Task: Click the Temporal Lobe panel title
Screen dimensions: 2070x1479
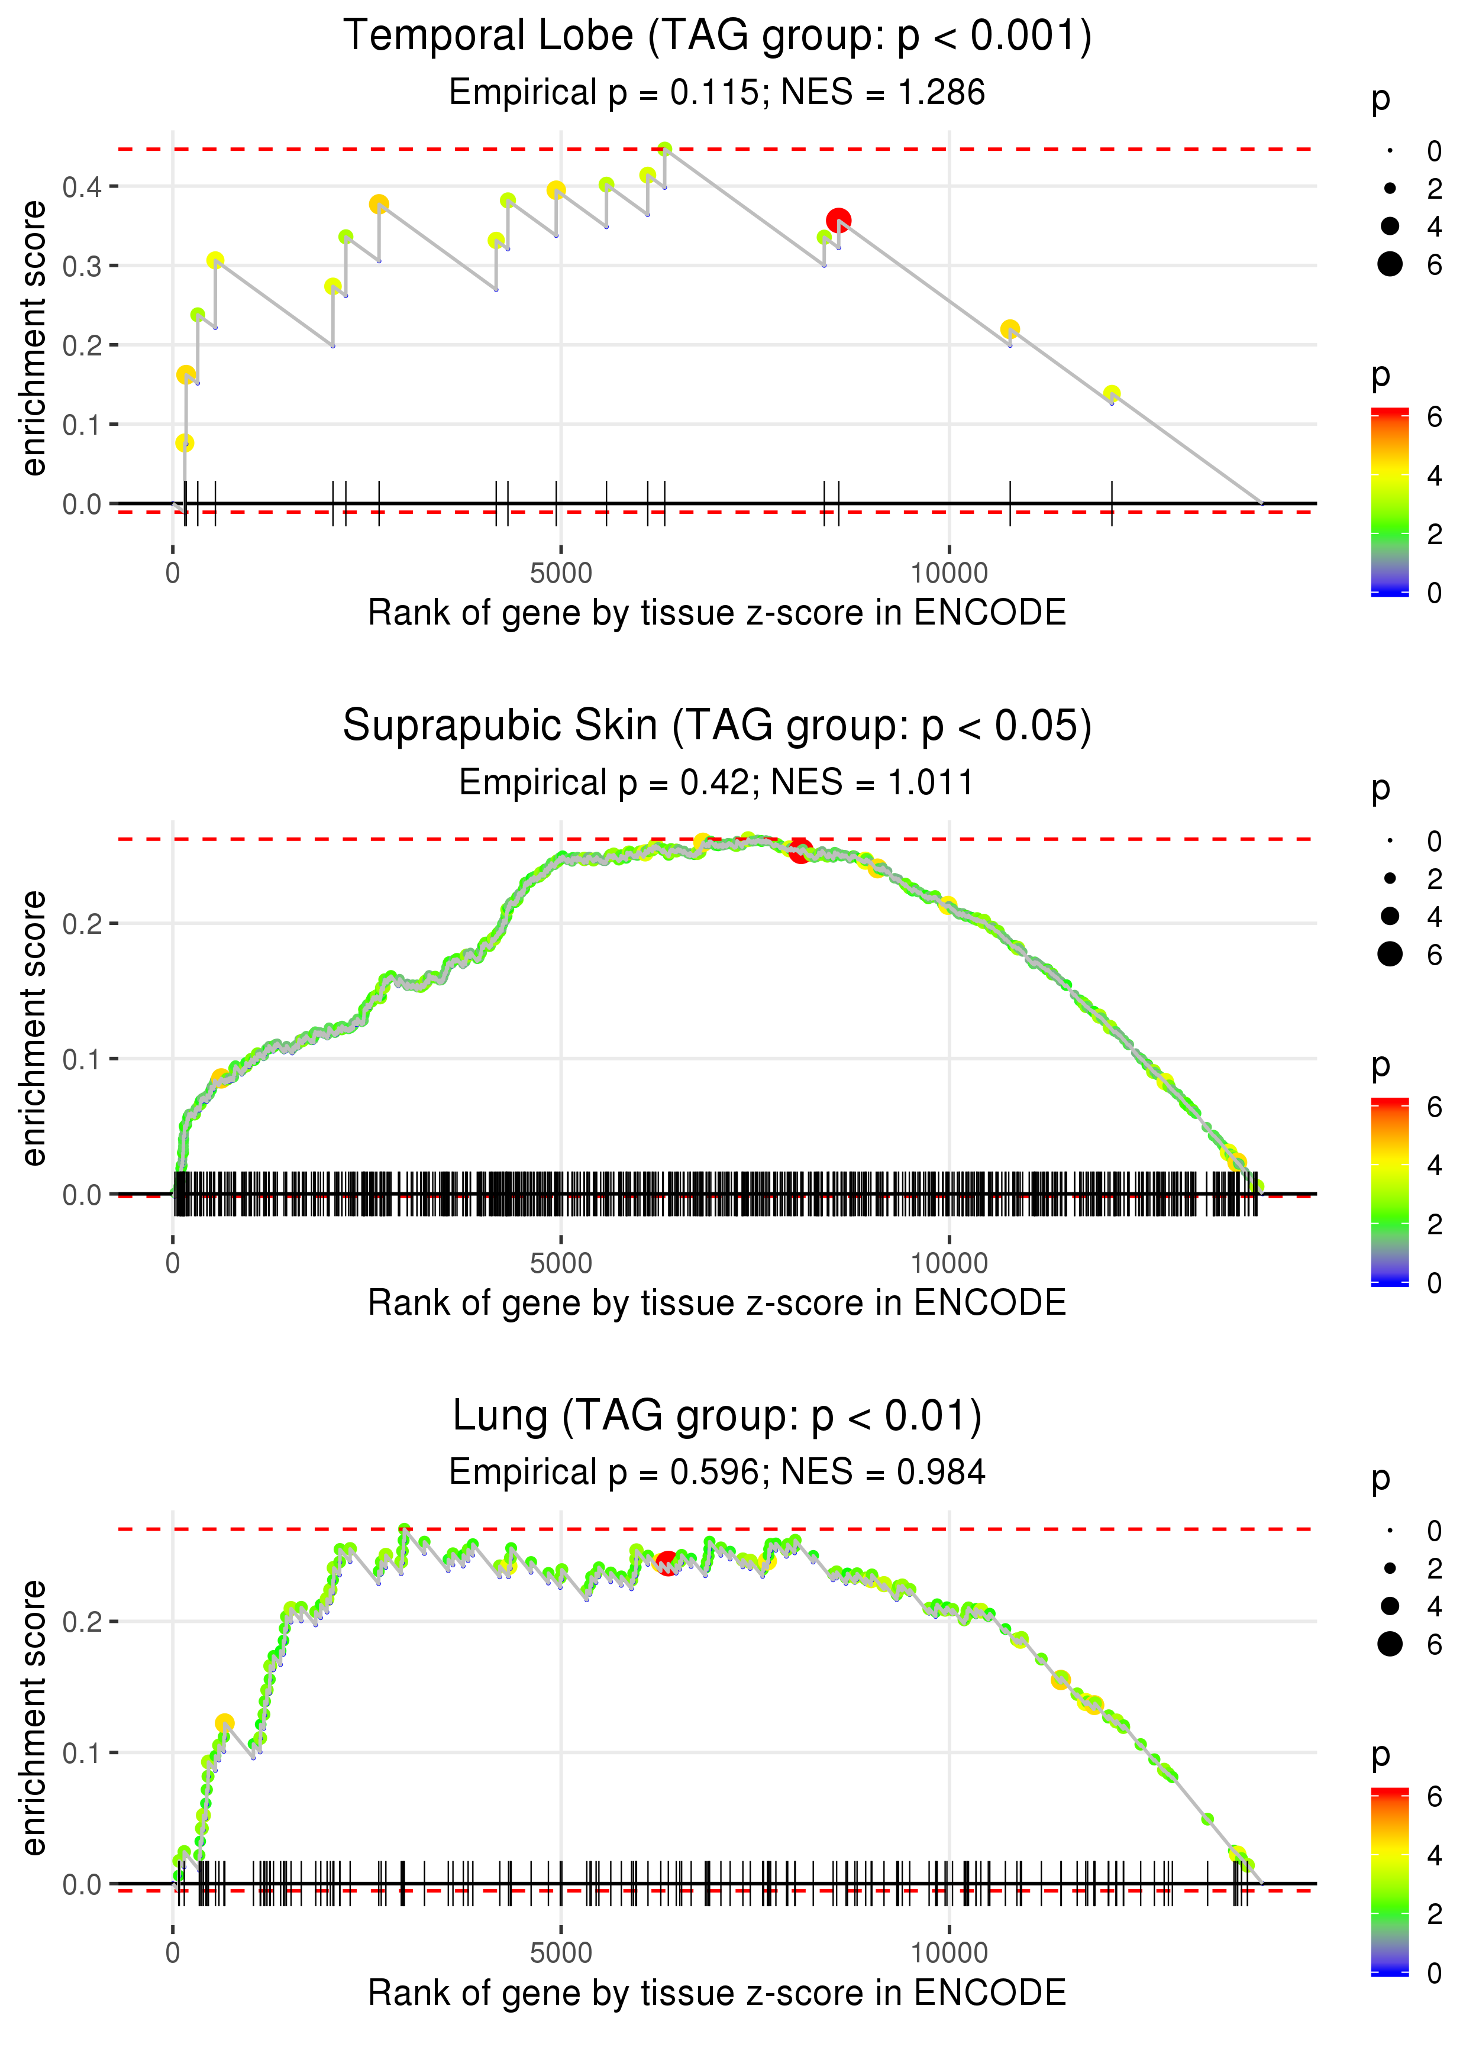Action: [x=717, y=37]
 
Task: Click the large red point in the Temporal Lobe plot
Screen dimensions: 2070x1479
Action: [x=838, y=220]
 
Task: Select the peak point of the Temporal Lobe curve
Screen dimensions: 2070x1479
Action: [x=665, y=149]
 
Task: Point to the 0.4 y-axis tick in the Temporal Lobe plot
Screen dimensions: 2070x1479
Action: [x=82, y=187]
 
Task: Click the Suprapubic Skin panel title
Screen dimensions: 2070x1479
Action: [x=717, y=726]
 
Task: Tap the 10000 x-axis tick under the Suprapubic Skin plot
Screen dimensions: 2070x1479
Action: [x=949, y=1263]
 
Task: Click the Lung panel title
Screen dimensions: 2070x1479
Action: [x=717, y=1416]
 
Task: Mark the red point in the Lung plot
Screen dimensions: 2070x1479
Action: [x=667, y=1563]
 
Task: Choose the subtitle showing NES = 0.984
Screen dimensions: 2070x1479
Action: [x=717, y=1472]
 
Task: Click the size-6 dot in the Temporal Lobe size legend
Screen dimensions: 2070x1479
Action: [x=1390, y=264]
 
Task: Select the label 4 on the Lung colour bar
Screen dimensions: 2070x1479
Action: [x=1433, y=1854]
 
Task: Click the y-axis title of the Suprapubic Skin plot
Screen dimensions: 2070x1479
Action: [x=34, y=1028]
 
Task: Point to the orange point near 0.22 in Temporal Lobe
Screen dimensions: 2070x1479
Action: [x=1009, y=329]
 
